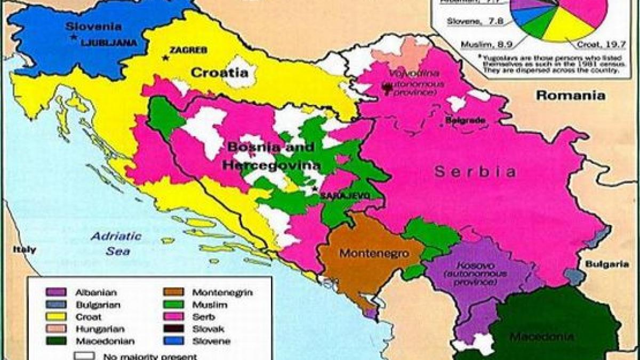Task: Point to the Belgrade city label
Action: [x=466, y=121]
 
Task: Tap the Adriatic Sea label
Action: [x=116, y=243]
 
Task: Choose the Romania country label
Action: [x=570, y=96]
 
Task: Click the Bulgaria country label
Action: [x=607, y=264]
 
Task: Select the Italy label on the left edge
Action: [x=25, y=250]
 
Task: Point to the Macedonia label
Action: [x=542, y=337]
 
